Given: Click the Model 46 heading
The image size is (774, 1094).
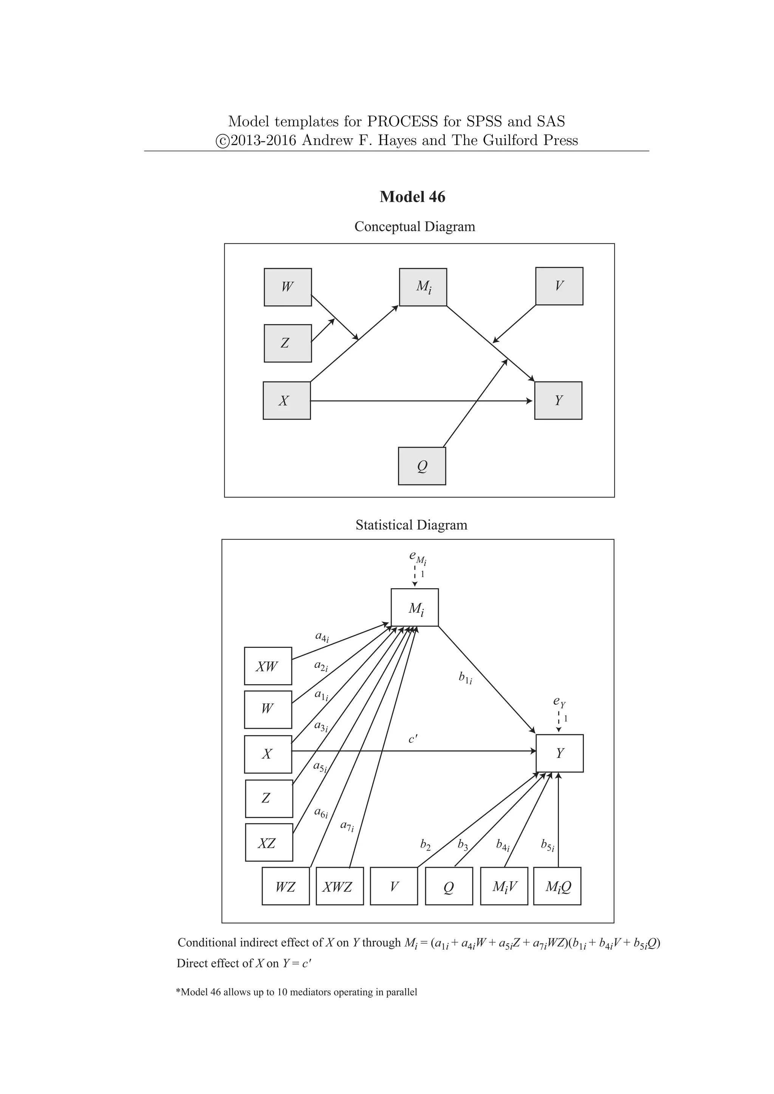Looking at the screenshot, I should click(412, 197).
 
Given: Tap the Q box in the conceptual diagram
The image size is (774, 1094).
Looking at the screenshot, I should click(422, 466).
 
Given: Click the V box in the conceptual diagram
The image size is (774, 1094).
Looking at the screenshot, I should click(559, 286).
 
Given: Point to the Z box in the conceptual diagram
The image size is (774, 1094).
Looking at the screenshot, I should click(288, 343).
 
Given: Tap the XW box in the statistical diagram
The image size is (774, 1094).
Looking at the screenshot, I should click(268, 666).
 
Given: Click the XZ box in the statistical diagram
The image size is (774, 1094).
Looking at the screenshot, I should click(269, 844).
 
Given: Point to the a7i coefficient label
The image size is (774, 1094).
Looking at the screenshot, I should click(347, 826).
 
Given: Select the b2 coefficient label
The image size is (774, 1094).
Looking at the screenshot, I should click(425, 845).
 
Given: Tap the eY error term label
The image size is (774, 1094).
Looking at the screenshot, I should click(559, 702).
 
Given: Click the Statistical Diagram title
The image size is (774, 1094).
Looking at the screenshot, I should click(411, 525).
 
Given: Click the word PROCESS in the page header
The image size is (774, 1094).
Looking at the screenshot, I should click(402, 122).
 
